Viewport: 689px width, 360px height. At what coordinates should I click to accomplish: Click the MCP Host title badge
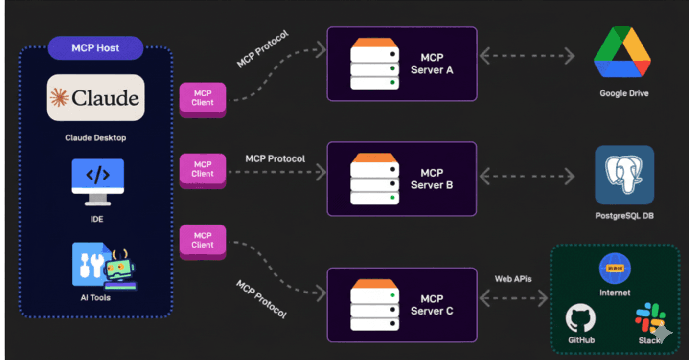(x=95, y=48)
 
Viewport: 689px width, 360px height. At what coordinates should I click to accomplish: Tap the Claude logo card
(x=96, y=98)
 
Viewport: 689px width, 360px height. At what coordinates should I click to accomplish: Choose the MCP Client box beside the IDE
(x=203, y=169)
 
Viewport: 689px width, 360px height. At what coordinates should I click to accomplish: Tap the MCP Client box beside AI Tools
(x=203, y=241)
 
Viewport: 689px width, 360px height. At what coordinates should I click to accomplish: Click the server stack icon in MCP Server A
(x=374, y=64)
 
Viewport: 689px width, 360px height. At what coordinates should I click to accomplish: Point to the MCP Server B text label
(x=432, y=179)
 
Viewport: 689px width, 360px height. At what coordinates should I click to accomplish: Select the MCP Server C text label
(x=432, y=305)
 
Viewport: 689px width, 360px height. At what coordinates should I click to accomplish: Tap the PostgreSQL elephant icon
(x=624, y=175)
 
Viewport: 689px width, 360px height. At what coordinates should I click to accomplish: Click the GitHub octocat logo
(x=581, y=317)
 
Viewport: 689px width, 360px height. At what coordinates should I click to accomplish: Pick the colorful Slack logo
(x=650, y=317)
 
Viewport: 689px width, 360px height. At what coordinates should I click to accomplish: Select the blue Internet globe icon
(x=615, y=268)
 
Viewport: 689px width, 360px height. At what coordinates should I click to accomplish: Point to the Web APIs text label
(x=513, y=279)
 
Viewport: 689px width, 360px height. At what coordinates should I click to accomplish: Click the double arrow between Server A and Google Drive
(x=527, y=56)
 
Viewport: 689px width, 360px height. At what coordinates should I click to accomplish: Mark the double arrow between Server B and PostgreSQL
(x=527, y=177)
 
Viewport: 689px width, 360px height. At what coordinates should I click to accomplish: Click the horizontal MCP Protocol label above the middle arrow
(x=275, y=159)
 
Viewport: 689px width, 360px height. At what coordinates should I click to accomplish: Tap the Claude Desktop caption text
(x=95, y=138)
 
